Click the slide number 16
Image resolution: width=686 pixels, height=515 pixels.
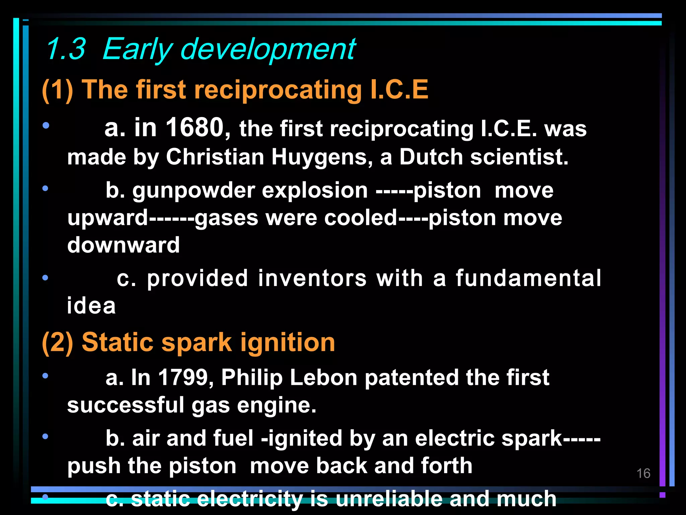[643, 473]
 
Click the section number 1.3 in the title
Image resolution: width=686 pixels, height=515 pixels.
[66, 49]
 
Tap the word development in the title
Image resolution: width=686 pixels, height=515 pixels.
[268, 50]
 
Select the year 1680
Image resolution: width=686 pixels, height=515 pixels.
[195, 127]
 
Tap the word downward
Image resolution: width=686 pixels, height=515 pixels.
[124, 245]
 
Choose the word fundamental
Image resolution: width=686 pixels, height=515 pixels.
[529, 278]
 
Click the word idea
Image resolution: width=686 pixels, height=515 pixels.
[91, 306]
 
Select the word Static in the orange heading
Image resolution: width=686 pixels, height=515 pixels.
[118, 342]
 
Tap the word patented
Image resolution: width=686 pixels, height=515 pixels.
[411, 378]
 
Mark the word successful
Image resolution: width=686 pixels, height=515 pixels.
[126, 405]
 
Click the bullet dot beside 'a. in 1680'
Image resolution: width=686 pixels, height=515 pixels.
[46, 126]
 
